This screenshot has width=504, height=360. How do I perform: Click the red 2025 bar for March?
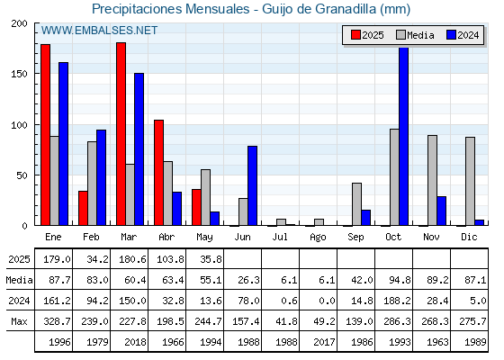121,134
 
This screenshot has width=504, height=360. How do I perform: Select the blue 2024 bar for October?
404,136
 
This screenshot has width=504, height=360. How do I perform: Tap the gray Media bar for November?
432,180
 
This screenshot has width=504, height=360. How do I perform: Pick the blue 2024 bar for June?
252,185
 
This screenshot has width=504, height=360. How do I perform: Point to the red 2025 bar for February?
83,208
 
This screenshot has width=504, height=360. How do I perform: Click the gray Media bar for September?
356,204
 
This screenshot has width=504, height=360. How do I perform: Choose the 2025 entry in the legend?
367,35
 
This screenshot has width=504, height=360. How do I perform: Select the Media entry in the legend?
415,35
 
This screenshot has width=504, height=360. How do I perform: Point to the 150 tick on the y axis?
19,74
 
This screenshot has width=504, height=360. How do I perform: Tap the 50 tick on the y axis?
22,175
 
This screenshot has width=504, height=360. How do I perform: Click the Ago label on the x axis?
318,238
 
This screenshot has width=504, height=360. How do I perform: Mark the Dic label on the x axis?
469,237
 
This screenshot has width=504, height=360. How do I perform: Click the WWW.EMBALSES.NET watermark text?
99,31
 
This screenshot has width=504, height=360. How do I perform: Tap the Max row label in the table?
19,321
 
